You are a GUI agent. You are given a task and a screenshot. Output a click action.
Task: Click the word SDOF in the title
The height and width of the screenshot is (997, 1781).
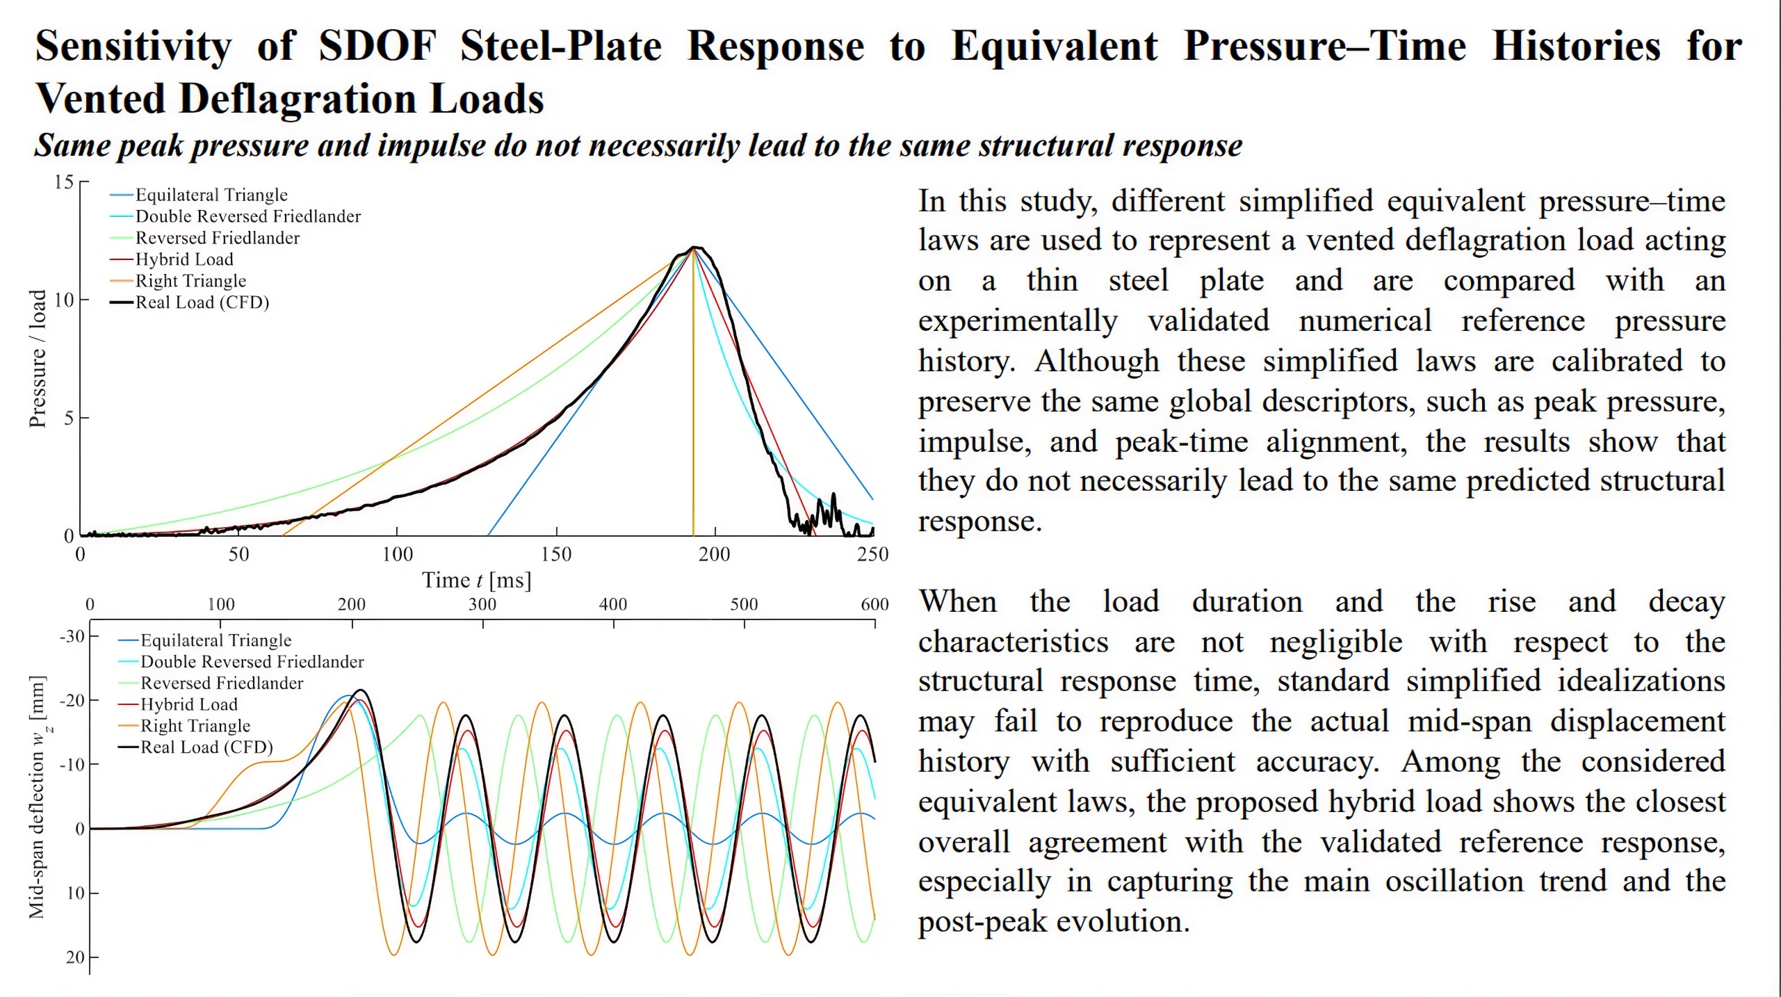[377, 47]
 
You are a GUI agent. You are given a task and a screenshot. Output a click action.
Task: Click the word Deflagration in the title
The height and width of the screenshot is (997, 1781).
[297, 99]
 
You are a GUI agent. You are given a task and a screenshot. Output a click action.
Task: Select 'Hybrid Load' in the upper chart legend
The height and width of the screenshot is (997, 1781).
[184, 259]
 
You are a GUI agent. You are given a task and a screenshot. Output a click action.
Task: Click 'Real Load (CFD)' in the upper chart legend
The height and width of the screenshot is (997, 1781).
[202, 302]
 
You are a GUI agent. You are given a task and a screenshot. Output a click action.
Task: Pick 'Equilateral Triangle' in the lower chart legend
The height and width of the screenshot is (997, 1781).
[215, 640]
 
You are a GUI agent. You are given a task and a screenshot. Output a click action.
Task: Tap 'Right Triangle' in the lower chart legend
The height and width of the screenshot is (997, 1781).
[195, 726]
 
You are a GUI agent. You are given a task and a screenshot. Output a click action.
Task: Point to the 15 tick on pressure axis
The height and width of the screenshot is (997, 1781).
[64, 182]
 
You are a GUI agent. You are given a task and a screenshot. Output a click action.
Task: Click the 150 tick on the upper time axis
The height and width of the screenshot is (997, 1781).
[556, 554]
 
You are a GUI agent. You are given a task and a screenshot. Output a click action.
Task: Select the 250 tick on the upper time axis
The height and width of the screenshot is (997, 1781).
[872, 554]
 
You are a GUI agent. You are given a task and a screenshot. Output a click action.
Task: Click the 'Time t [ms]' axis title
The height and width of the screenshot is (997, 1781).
[476, 581]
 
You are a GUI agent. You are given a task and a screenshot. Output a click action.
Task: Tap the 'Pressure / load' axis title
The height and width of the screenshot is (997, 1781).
[38, 358]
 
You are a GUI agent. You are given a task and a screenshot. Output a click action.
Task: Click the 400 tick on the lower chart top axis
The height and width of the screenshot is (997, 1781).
[612, 604]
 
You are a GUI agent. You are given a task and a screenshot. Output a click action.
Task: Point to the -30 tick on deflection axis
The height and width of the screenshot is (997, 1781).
[72, 636]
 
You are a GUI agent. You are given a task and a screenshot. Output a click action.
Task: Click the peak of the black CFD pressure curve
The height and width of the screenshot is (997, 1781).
[694, 248]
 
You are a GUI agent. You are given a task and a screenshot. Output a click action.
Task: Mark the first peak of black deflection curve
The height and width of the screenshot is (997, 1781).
[360, 690]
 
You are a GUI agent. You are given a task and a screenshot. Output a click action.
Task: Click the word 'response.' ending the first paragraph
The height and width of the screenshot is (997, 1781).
[979, 521]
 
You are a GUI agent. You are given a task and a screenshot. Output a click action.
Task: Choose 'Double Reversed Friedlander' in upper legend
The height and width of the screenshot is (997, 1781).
[247, 216]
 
